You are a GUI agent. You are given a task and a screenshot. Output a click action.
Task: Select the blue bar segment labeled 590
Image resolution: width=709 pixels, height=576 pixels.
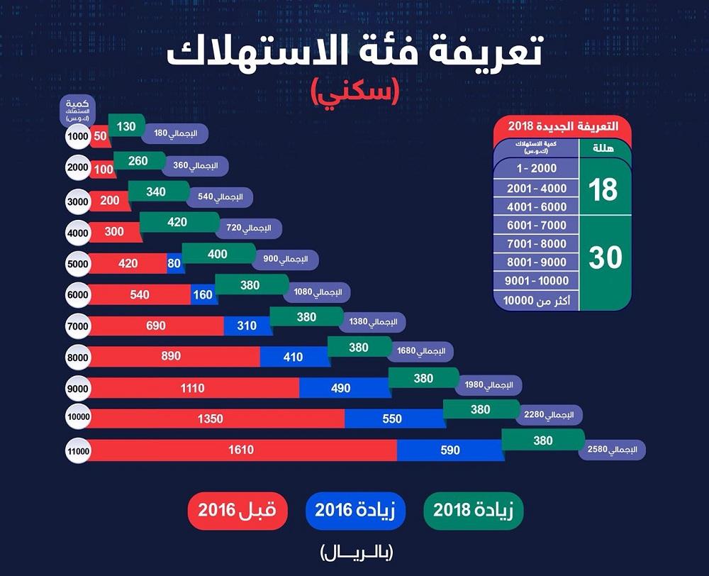[x=450, y=450]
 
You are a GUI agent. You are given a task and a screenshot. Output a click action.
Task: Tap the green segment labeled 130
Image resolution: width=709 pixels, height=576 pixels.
[x=126, y=126]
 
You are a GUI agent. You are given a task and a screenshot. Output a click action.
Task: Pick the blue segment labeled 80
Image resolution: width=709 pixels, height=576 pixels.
[x=174, y=264]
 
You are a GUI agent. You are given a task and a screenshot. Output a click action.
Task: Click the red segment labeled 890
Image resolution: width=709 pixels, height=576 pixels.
[x=172, y=356]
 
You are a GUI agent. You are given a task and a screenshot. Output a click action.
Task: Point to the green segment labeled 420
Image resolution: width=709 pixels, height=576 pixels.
[x=177, y=223]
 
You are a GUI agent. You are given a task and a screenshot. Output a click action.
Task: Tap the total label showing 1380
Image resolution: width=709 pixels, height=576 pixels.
[x=373, y=322]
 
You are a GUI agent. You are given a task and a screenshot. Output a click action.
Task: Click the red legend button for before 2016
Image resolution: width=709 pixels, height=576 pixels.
[x=238, y=510]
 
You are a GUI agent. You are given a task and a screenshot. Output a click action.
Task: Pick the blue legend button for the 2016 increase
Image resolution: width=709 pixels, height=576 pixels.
[x=355, y=510]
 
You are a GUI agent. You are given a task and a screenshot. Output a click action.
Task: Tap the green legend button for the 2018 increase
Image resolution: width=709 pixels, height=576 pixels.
[x=474, y=510]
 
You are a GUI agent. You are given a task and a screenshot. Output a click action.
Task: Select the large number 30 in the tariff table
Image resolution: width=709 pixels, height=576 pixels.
[x=605, y=257]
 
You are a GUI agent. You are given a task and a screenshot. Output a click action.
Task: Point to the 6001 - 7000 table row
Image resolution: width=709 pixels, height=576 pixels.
[x=537, y=226]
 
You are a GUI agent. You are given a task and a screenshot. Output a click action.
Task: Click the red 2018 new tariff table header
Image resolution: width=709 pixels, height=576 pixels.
[x=562, y=126]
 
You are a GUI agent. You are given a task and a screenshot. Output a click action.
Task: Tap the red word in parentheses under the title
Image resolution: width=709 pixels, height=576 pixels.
[x=354, y=91]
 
